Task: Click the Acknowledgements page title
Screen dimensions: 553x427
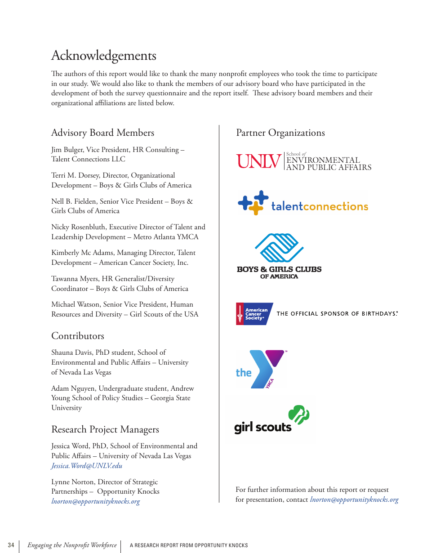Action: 103,56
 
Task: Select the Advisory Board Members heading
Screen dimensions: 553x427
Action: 102,133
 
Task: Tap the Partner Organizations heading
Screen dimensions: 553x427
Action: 280,133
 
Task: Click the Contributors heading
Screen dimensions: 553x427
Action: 77,336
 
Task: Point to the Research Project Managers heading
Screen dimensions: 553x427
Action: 105,429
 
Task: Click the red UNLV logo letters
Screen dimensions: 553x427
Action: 258,161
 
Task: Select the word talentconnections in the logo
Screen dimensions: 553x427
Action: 319,206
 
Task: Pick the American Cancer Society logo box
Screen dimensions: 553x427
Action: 254,314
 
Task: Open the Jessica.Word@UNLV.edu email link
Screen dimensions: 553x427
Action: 86,466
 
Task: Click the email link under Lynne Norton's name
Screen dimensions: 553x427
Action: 95,501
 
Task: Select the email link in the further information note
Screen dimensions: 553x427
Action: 354,499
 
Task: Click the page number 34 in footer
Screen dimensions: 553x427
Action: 11,545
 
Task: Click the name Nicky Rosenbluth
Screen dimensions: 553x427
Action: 78,227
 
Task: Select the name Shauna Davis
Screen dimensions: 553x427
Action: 71,352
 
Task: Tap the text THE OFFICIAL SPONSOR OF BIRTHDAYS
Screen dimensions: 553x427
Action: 337,314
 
